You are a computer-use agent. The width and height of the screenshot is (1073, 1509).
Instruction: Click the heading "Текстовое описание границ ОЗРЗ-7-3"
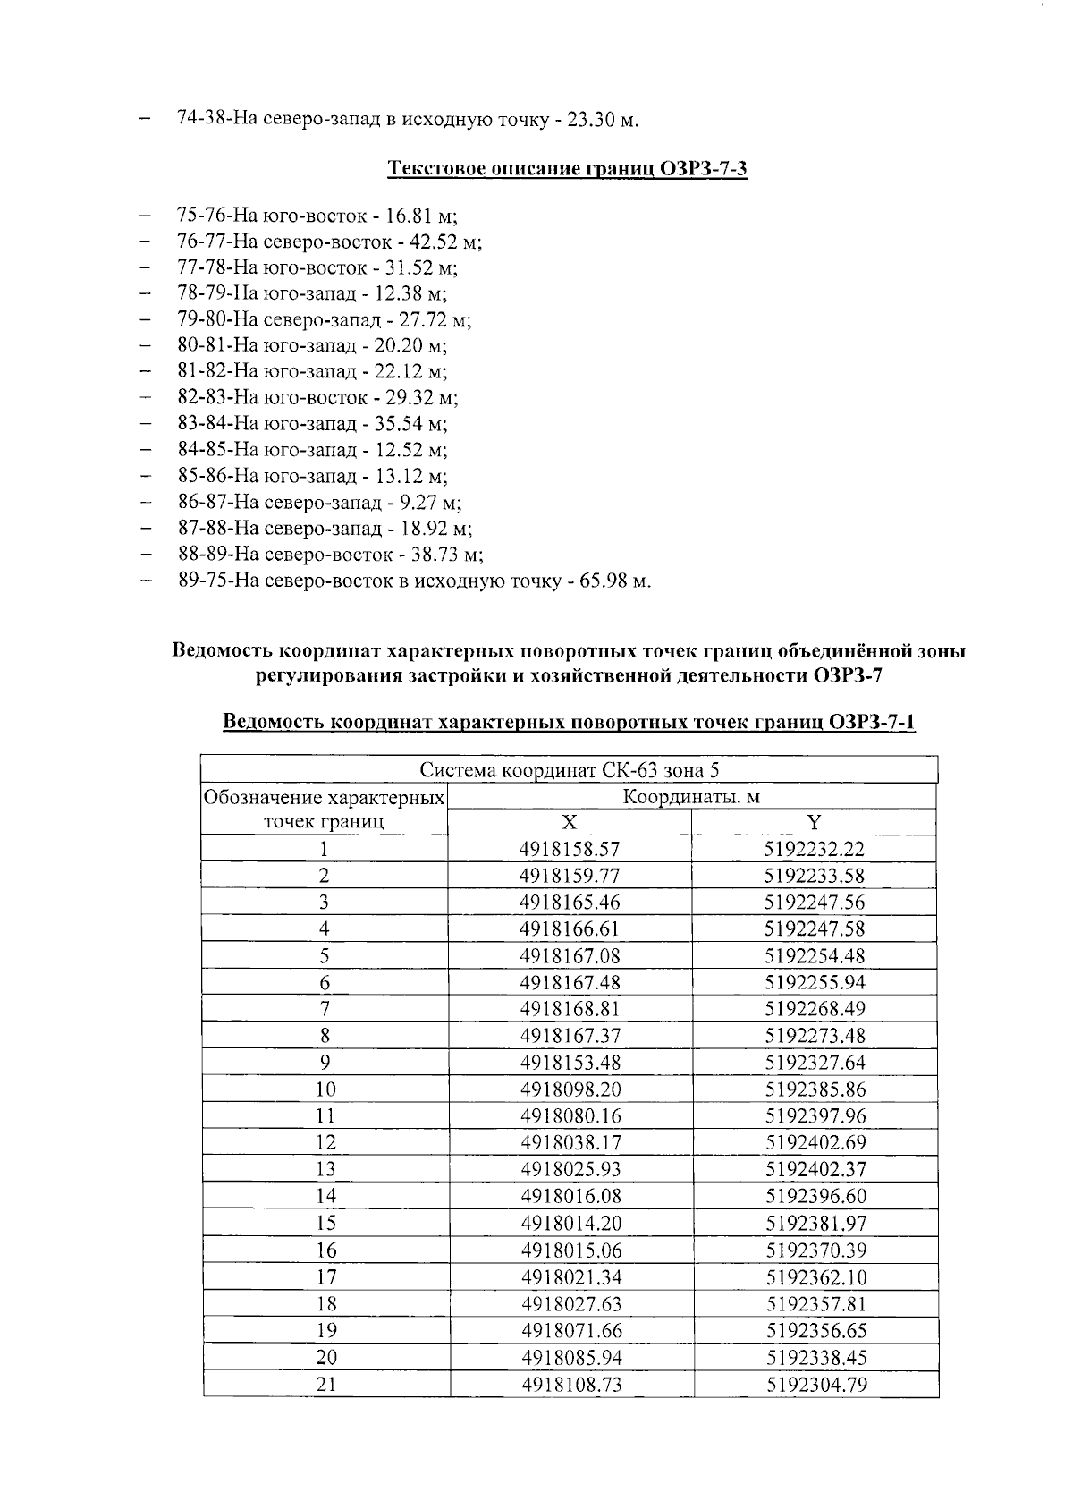568,169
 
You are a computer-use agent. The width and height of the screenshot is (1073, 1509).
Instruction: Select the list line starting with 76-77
330,242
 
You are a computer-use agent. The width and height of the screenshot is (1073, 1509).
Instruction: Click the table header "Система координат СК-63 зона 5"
570,770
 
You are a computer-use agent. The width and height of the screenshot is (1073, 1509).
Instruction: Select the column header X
570,823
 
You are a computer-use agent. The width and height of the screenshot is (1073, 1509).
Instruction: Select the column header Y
815,823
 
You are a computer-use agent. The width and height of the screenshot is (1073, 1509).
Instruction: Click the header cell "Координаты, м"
691,796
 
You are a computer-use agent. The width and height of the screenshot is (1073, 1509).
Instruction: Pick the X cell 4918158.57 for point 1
570,849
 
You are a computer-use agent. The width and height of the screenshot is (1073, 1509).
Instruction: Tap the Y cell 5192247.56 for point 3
815,903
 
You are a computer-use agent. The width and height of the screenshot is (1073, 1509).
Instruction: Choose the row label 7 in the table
325,1009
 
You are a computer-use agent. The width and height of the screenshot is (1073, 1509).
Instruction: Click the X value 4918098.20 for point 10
570,1089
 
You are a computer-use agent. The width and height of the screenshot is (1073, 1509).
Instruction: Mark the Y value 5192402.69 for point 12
815,1143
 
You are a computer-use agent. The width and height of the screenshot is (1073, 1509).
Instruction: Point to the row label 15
325,1224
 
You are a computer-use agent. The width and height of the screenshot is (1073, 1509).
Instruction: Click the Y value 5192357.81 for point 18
815,1304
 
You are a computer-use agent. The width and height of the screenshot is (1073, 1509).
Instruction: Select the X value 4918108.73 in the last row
570,1385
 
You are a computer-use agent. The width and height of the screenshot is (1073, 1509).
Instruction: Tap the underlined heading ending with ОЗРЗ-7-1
569,722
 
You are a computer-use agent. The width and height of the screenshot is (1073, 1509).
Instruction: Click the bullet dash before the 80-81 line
146,345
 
